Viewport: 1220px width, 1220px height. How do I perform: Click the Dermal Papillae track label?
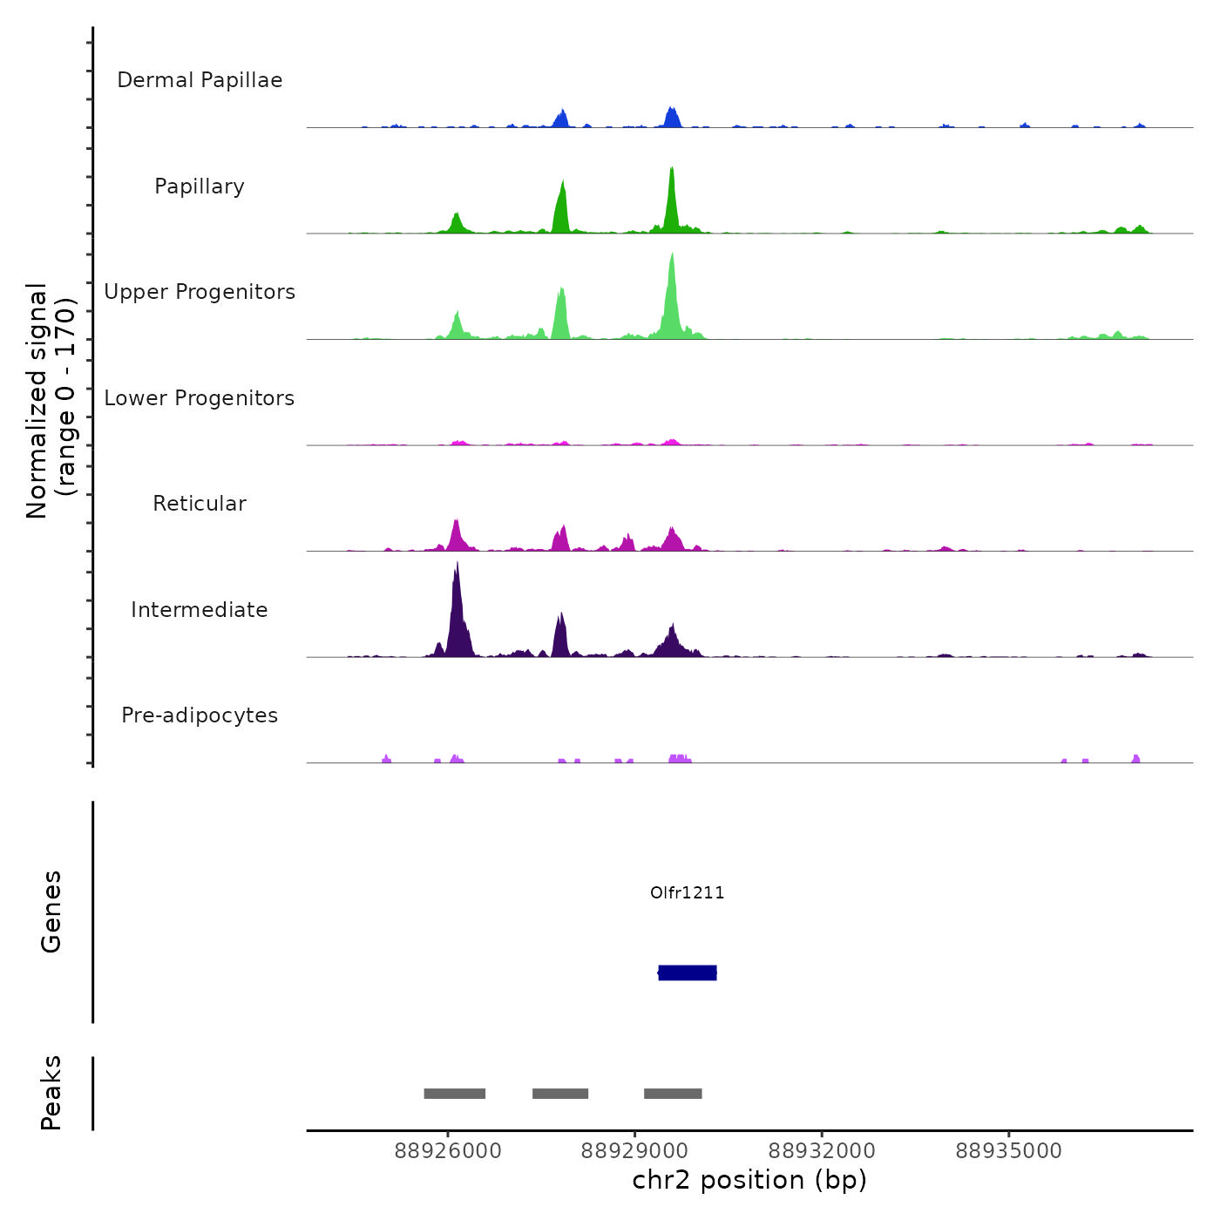[200, 80]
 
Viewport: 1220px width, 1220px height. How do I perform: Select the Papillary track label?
[200, 186]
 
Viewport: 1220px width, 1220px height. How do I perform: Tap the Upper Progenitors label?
[200, 292]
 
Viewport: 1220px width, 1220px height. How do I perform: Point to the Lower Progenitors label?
[200, 398]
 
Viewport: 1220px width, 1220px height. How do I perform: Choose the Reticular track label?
[200, 504]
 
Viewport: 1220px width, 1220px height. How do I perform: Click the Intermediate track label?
[200, 610]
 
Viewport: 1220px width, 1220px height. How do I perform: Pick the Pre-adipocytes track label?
[200, 715]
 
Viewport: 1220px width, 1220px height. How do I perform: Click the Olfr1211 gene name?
[687, 892]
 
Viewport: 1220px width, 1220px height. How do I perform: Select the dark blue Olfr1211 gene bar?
[688, 973]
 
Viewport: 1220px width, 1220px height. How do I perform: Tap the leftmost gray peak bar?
[454, 1094]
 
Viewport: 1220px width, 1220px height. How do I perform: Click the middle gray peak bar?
[560, 1094]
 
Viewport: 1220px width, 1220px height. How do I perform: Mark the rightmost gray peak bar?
[673, 1094]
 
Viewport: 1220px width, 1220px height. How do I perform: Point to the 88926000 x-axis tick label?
[448, 1151]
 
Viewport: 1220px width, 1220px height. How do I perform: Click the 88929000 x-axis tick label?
[634, 1151]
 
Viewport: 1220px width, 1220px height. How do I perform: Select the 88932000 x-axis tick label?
[822, 1151]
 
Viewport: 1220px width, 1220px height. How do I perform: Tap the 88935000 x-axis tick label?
[1008, 1151]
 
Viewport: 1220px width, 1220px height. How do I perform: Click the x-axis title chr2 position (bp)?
[749, 1180]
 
